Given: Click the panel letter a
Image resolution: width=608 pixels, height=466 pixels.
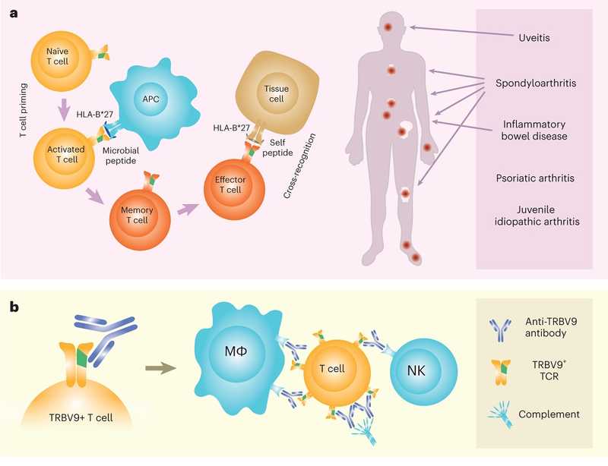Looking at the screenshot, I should click(12, 13).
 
